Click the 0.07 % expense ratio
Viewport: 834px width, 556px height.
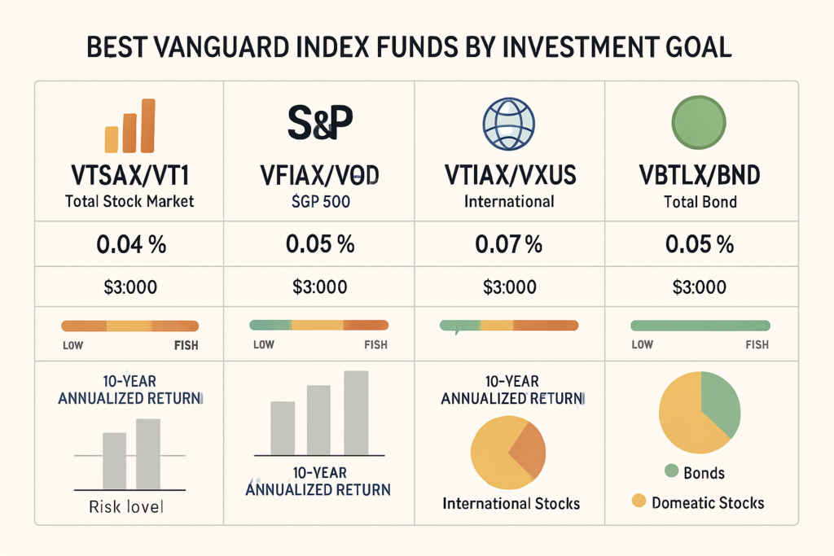coord(509,244)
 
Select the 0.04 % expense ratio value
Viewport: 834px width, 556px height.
coord(129,244)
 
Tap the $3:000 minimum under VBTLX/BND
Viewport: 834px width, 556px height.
coord(700,287)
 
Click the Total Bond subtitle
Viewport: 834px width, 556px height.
coord(700,201)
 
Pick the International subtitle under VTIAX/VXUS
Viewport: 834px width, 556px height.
coord(509,201)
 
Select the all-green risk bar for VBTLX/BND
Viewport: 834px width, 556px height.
coord(700,325)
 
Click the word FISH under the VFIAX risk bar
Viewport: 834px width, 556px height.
coord(375,344)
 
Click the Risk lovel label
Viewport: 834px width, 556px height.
coord(125,507)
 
